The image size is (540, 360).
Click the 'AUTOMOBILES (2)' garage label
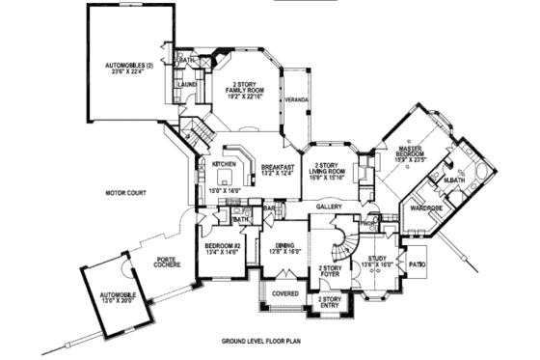point(129,66)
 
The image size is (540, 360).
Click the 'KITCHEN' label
point(224,164)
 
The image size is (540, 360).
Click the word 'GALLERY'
point(330,207)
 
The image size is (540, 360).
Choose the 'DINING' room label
point(285,246)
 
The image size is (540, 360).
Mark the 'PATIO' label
point(417,263)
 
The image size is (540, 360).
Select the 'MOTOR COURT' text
point(126,194)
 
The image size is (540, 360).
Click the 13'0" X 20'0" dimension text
point(115,299)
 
